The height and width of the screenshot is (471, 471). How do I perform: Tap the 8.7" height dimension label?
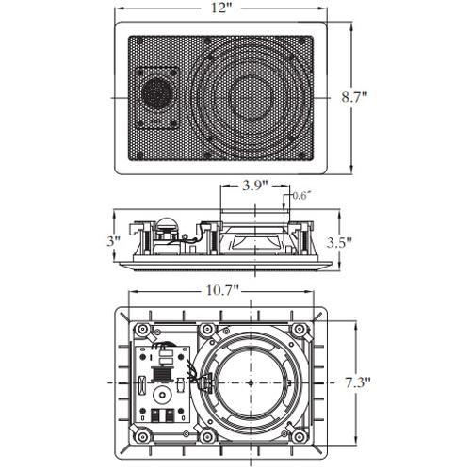point(354,97)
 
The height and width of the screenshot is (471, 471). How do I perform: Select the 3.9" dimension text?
point(254,186)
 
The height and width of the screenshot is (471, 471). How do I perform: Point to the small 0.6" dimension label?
point(301,196)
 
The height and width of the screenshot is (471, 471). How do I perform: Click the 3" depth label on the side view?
point(113,241)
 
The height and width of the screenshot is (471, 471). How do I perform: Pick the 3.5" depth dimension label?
point(339,242)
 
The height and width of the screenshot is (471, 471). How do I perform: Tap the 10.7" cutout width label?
point(222,291)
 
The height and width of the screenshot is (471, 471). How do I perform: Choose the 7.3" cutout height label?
point(358,382)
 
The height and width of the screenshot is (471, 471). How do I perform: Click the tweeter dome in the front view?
point(156,92)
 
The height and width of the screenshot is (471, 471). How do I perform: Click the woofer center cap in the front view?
point(251,96)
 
